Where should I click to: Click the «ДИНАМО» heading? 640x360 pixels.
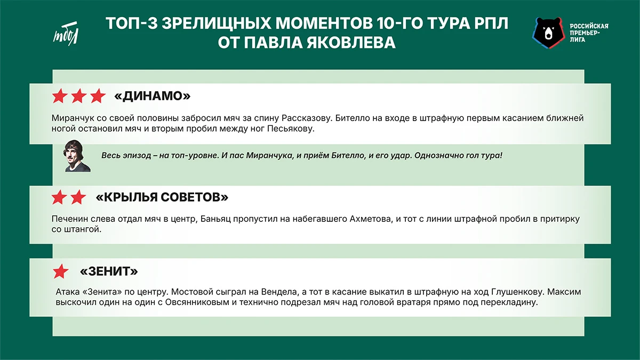tap(153, 97)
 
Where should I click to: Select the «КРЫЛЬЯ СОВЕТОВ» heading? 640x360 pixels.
tap(162, 197)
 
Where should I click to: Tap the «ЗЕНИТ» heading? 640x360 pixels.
tap(109, 271)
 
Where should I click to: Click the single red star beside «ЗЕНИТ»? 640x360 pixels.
tap(60, 271)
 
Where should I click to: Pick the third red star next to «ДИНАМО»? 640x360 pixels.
tap(98, 97)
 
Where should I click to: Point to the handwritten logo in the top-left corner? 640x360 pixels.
tap(66, 35)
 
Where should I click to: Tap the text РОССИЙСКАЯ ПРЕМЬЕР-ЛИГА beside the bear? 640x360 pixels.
tap(589, 33)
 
